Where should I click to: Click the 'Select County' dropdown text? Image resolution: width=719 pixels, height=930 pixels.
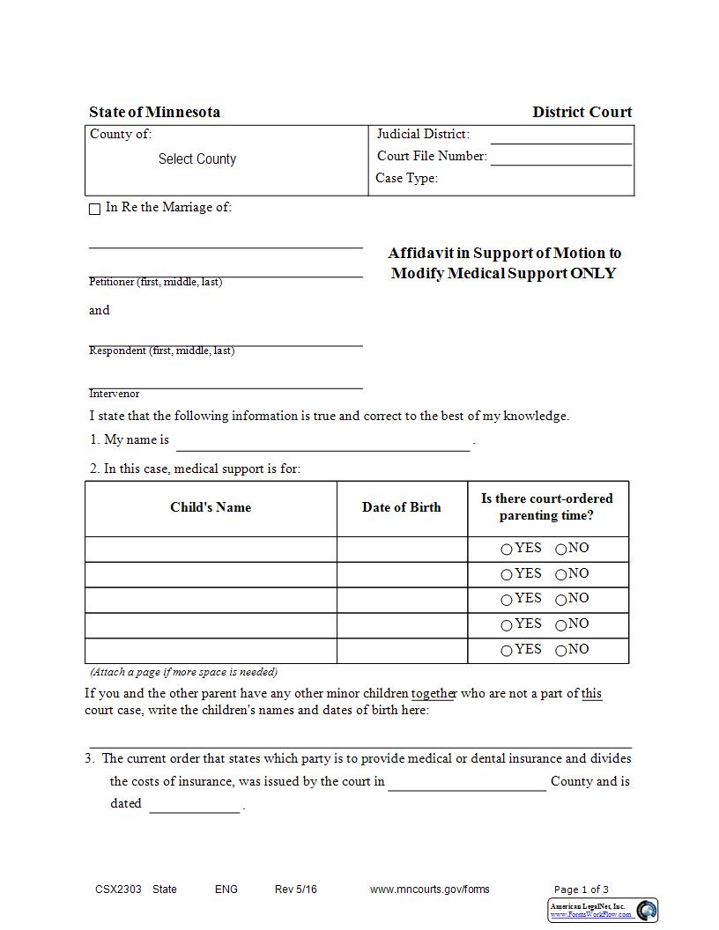point(196,159)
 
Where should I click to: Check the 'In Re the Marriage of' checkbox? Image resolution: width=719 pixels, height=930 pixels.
point(95,210)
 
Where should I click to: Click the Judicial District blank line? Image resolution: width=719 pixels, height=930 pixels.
point(560,136)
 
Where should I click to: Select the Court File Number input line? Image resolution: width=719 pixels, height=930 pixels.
point(560,157)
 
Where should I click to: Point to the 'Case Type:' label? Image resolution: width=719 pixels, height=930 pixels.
point(406,178)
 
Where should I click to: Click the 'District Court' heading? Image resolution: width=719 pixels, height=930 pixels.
point(582,112)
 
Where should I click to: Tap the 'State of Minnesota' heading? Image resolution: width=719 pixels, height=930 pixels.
point(154,112)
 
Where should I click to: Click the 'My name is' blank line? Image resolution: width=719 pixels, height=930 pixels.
point(322,442)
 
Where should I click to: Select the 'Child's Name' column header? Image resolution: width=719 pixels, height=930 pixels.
point(211,507)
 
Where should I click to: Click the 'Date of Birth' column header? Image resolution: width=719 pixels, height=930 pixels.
point(401,507)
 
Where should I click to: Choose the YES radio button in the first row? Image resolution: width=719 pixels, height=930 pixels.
point(507,550)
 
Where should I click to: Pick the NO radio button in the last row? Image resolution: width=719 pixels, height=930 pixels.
point(561,652)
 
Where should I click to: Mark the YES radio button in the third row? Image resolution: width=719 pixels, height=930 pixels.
point(507,601)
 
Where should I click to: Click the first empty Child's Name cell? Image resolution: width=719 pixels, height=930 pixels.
point(211,549)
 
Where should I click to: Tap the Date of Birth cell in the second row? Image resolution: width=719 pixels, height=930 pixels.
point(401,574)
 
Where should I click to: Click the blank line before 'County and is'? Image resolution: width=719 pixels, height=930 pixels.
point(467,783)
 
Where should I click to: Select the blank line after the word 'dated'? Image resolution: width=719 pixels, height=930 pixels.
point(194,805)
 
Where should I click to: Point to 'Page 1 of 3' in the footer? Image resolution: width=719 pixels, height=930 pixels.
point(581,889)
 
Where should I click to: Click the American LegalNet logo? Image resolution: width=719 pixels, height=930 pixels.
point(647,911)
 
